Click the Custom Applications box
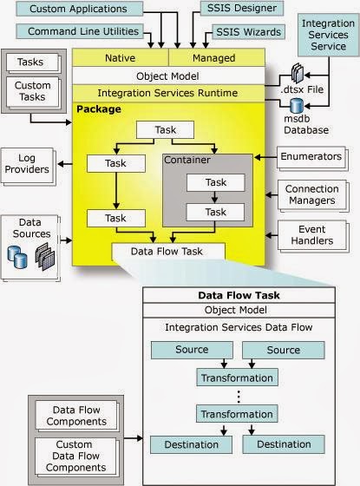(79, 9)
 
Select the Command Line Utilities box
(80, 31)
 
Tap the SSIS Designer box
(242, 9)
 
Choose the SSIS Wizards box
(248, 32)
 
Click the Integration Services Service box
(329, 35)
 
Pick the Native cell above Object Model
(121, 57)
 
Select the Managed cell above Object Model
(217, 57)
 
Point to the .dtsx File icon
(298, 73)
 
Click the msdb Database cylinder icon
(297, 106)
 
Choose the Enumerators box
(311, 157)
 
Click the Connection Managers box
(311, 194)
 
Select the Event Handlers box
(311, 235)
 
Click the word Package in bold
(99, 109)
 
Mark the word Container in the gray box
(187, 160)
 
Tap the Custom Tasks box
(32, 92)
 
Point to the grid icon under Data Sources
(45, 256)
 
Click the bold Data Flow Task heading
(239, 295)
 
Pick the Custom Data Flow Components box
(75, 456)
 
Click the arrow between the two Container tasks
(215, 197)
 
